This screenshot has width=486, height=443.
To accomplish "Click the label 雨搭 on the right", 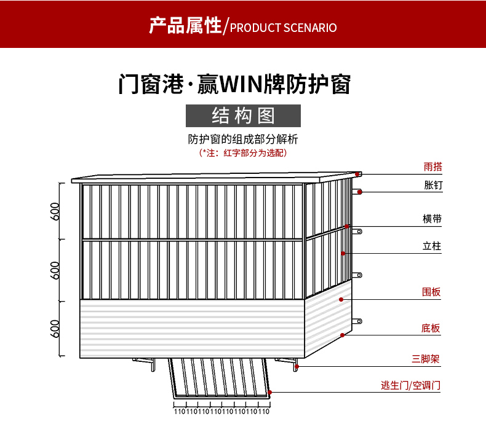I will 432,167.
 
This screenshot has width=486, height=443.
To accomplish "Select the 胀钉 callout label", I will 432,185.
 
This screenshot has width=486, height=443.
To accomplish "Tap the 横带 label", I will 432,219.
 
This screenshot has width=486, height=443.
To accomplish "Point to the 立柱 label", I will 432,246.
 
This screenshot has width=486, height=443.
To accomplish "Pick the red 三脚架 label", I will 426,359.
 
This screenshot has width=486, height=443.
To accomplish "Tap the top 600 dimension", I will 56,211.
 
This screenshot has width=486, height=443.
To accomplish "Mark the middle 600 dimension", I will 56,270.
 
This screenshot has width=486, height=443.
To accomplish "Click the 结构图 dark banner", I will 243,116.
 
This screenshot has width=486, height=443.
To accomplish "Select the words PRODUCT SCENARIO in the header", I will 283,28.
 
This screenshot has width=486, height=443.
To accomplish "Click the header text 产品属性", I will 185,26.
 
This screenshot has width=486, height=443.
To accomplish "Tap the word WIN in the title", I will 241,84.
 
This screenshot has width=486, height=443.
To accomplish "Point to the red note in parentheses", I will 243,153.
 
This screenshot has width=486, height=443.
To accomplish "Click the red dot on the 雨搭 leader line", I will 357,174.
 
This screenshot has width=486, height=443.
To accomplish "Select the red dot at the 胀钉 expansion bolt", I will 360,192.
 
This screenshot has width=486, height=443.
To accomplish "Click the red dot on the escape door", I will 269,391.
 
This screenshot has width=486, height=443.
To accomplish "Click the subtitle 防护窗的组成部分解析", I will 243,139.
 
